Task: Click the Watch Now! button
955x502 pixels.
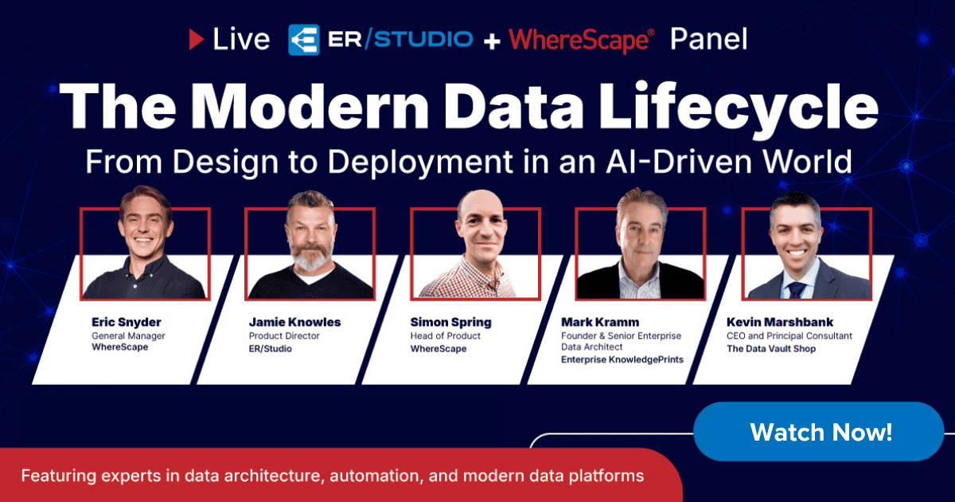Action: [821, 433]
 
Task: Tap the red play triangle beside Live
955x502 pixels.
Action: [196, 39]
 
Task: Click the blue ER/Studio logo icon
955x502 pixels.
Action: [303, 39]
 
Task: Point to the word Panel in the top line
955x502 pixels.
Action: [708, 39]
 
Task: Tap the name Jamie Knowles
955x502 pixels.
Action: [295, 323]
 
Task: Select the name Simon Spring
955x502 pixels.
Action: [451, 323]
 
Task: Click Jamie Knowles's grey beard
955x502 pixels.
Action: [310, 257]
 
